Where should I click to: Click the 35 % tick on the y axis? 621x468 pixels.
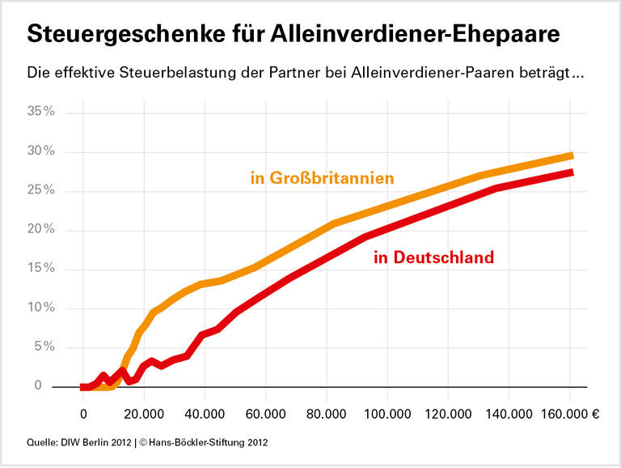click(40, 112)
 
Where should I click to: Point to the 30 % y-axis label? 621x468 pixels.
click(40, 151)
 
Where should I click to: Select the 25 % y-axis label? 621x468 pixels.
click(40, 190)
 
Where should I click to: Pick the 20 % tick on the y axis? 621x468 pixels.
click(40, 229)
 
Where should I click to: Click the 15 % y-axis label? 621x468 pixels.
click(40, 269)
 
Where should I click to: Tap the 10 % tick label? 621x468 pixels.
click(40, 308)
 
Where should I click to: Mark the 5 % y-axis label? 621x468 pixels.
click(44, 347)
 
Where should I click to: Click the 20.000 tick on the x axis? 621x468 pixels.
click(144, 413)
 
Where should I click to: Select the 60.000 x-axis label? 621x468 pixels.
click(266, 413)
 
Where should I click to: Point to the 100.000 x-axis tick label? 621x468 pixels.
click(387, 413)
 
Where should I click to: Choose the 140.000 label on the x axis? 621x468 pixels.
click(509, 413)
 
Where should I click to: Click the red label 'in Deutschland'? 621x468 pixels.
click(433, 258)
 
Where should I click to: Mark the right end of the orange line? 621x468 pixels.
click(571, 155)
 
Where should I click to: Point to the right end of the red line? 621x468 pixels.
click(571, 172)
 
